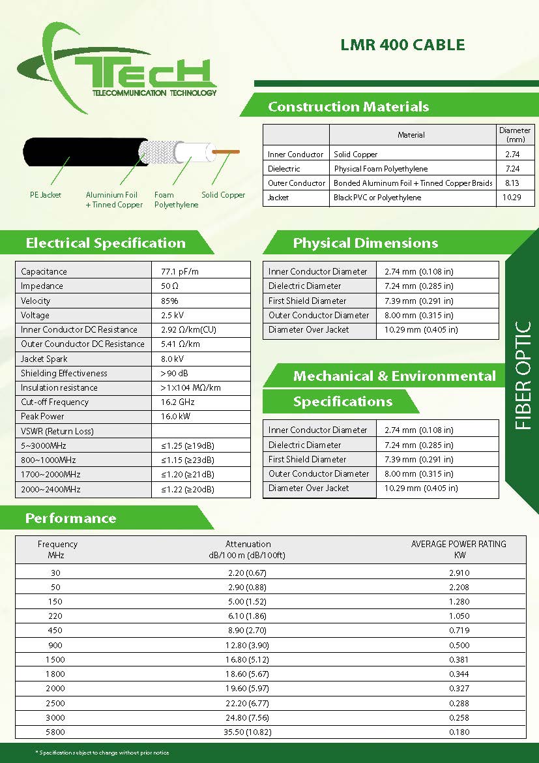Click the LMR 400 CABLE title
402,45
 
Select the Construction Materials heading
348,107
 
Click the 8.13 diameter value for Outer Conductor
512,183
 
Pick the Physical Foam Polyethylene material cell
381,169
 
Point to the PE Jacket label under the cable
46,195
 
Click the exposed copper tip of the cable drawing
225,152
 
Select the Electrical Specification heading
106,243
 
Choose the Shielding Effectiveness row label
64,374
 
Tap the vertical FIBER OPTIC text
523,375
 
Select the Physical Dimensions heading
365,243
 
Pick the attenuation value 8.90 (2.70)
248,631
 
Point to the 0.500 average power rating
459,645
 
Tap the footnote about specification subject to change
102,753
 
